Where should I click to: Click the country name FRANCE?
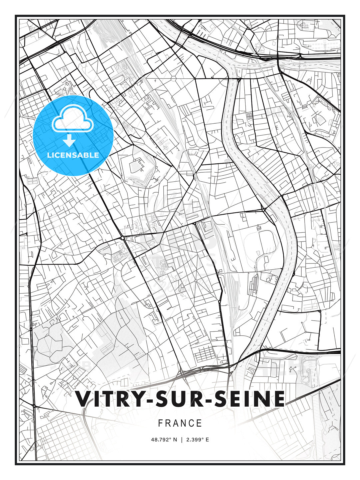180,423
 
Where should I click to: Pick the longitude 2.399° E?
198,440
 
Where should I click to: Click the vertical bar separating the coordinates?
181,440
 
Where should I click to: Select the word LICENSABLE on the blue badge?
73,155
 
